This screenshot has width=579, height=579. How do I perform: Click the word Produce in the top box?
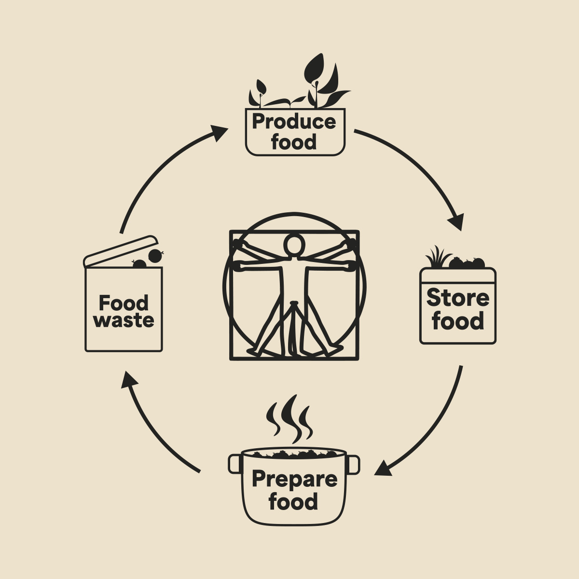pyautogui.click(x=293, y=122)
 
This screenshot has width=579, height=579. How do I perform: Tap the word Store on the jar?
pyautogui.click(x=457, y=298)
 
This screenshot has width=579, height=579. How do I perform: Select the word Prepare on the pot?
pyautogui.click(x=294, y=479)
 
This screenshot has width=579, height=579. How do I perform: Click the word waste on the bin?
pyautogui.click(x=124, y=320)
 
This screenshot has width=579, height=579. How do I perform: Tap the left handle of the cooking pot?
pyautogui.click(x=234, y=463)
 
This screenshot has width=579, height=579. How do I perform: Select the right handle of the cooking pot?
pyautogui.click(x=353, y=464)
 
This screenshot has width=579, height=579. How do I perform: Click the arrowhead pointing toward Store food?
pyautogui.click(x=456, y=223)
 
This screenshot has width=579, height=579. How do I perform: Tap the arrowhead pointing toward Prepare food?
pyautogui.click(x=384, y=468)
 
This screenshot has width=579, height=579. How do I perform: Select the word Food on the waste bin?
pyautogui.click(x=124, y=303)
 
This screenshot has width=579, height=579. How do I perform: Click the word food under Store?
pyautogui.click(x=458, y=321)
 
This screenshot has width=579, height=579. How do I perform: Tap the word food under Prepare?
pyautogui.click(x=293, y=501)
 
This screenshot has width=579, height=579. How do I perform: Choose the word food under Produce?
pyautogui.click(x=293, y=142)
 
